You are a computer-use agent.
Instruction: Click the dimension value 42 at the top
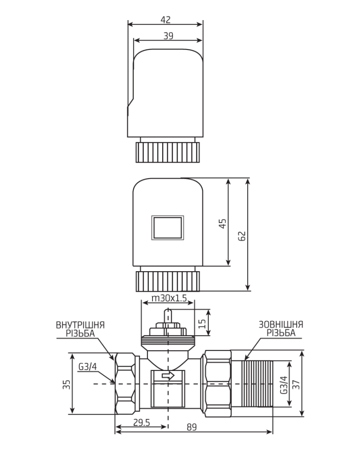tap(165, 19)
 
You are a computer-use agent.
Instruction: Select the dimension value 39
tap(168, 36)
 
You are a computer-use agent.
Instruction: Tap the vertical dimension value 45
tap(223, 224)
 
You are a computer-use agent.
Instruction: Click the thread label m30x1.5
tap(169, 298)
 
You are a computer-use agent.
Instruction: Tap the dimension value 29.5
tap(142, 422)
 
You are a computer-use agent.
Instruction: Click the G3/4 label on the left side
tap(87, 366)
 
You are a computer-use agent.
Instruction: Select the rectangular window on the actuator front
tap(167, 228)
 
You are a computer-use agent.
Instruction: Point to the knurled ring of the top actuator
tap(168, 152)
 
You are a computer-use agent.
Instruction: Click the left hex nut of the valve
tap(126, 384)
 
